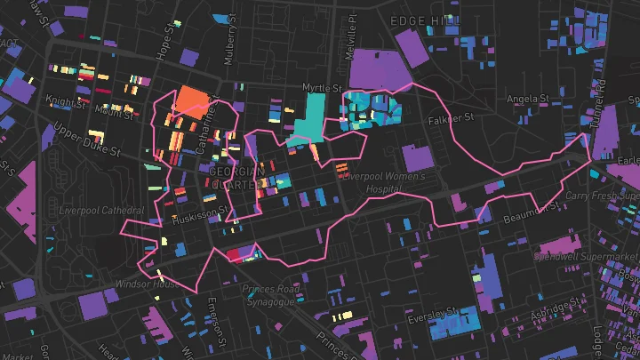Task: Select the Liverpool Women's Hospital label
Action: point(385,181)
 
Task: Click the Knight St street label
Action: point(67,104)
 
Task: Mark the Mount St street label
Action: point(115,113)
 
